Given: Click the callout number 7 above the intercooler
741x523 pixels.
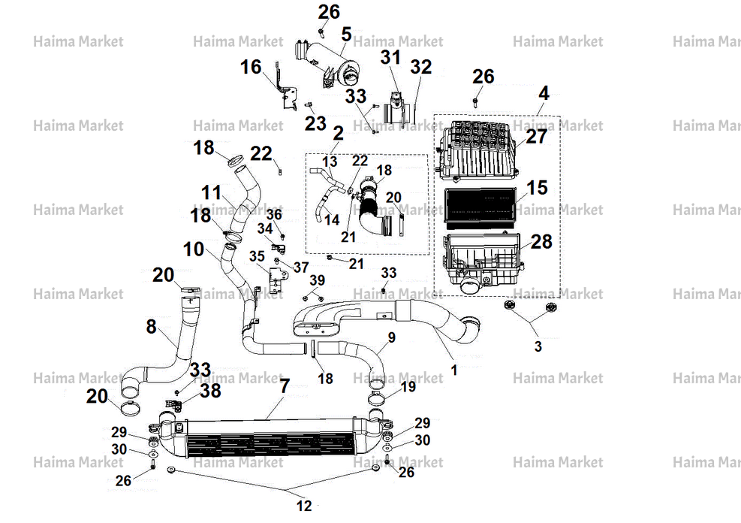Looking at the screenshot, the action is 285,386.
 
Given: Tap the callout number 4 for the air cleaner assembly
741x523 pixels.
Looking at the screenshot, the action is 544,93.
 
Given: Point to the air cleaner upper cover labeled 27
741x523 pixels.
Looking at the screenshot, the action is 478,150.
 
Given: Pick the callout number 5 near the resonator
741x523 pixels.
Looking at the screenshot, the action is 346,35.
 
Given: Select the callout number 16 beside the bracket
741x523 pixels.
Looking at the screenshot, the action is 251,67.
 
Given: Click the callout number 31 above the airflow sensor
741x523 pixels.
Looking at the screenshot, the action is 391,57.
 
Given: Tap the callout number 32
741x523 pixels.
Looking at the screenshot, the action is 420,67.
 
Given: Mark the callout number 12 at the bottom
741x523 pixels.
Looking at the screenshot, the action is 304,506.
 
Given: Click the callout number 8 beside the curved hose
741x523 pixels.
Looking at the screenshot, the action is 151,326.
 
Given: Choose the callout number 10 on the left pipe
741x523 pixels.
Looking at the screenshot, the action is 194,249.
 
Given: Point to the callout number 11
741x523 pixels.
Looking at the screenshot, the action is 211,192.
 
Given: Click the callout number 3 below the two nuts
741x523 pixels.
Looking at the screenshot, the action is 538,346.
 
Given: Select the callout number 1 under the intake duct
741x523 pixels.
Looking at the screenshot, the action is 454,370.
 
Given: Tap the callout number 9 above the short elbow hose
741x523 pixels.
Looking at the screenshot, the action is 391,337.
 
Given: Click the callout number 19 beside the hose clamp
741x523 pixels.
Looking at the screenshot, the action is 408,386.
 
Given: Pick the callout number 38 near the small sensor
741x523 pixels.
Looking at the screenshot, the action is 210,391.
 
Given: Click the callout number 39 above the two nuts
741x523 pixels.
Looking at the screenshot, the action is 317,280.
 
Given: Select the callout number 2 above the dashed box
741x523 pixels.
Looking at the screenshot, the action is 338,133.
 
